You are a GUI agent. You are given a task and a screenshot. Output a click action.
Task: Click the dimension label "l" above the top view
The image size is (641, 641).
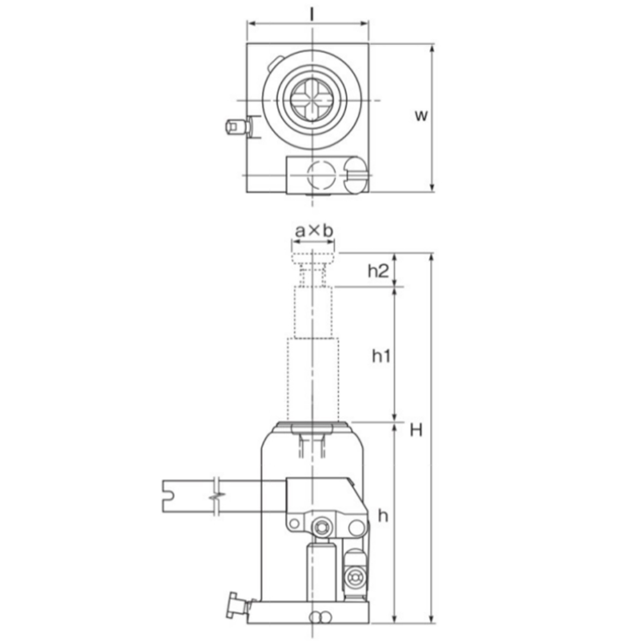click(312, 14)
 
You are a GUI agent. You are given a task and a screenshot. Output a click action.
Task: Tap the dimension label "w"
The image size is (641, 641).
click(421, 115)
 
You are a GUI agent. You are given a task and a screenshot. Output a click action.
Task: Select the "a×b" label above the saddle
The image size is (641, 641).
click(314, 231)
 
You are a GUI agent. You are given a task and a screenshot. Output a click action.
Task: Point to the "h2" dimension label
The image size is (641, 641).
click(378, 271)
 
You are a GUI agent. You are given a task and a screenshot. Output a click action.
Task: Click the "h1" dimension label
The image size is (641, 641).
click(381, 356)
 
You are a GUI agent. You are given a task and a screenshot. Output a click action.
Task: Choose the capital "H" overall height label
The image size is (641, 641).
click(416, 430)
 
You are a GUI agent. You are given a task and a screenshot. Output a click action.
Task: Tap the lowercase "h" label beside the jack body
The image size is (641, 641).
click(383, 516)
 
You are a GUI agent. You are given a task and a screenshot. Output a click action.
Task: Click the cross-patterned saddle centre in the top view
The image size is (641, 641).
click(312, 100)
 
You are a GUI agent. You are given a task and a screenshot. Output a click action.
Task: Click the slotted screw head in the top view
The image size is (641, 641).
click(356, 174)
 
